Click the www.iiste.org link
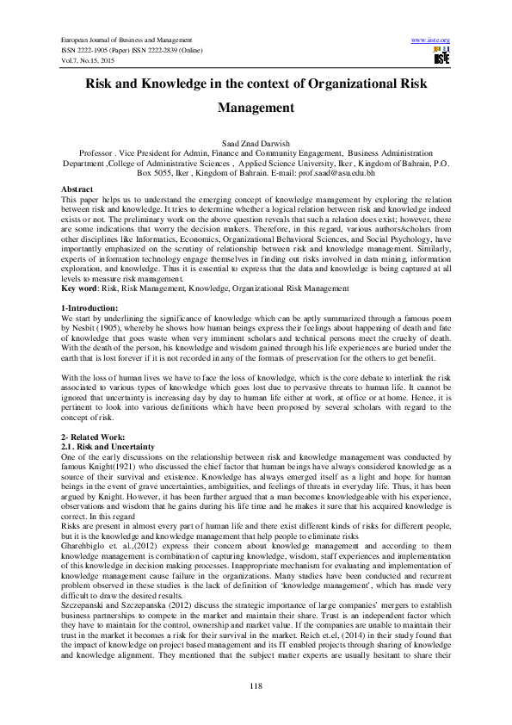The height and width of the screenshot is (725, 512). (x=431, y=41)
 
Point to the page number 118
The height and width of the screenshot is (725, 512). (x=256, y=685)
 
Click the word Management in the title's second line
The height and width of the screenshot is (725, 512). (x=256, y=109)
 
